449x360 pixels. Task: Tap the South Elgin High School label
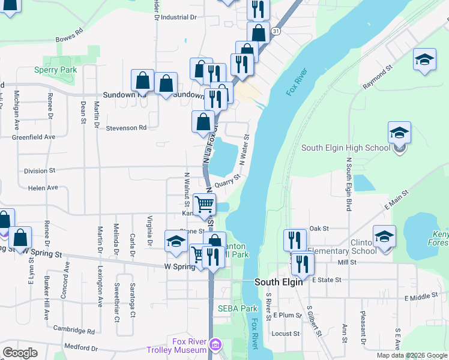tap(345, 148)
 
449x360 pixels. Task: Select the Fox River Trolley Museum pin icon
tap(215, 345)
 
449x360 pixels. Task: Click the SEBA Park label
tap(237, 308)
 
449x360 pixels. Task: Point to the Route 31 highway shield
tap(275, 30)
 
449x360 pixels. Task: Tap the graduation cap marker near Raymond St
tap(424, 59)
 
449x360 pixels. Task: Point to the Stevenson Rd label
tap(126, 128)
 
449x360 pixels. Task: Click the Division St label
tap(39, 170)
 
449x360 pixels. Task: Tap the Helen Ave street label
tap(43, 188)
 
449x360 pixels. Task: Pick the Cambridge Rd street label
tap(74, 330)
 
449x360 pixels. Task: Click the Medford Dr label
tap(80, 347)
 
